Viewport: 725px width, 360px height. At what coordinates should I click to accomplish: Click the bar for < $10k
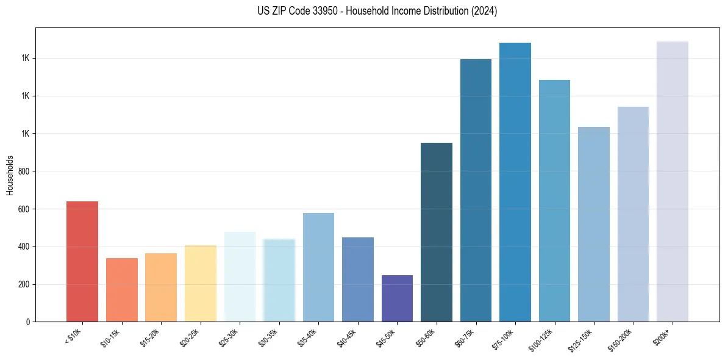coord(82,262)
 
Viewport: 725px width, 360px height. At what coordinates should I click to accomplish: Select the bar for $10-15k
coord(121,290)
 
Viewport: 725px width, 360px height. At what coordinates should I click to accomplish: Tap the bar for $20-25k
coord(200,284)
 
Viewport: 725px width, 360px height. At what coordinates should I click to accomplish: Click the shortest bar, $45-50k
coord(397,298)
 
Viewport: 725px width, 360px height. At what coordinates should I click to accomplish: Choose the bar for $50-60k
coord(437,232)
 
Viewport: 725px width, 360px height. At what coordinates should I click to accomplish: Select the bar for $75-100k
coord(515,182)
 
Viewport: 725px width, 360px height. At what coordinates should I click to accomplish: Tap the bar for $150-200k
coord(633,214)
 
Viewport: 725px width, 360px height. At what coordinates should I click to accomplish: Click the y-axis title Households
coord(10,175)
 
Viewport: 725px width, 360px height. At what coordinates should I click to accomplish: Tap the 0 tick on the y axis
coord(28,322)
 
